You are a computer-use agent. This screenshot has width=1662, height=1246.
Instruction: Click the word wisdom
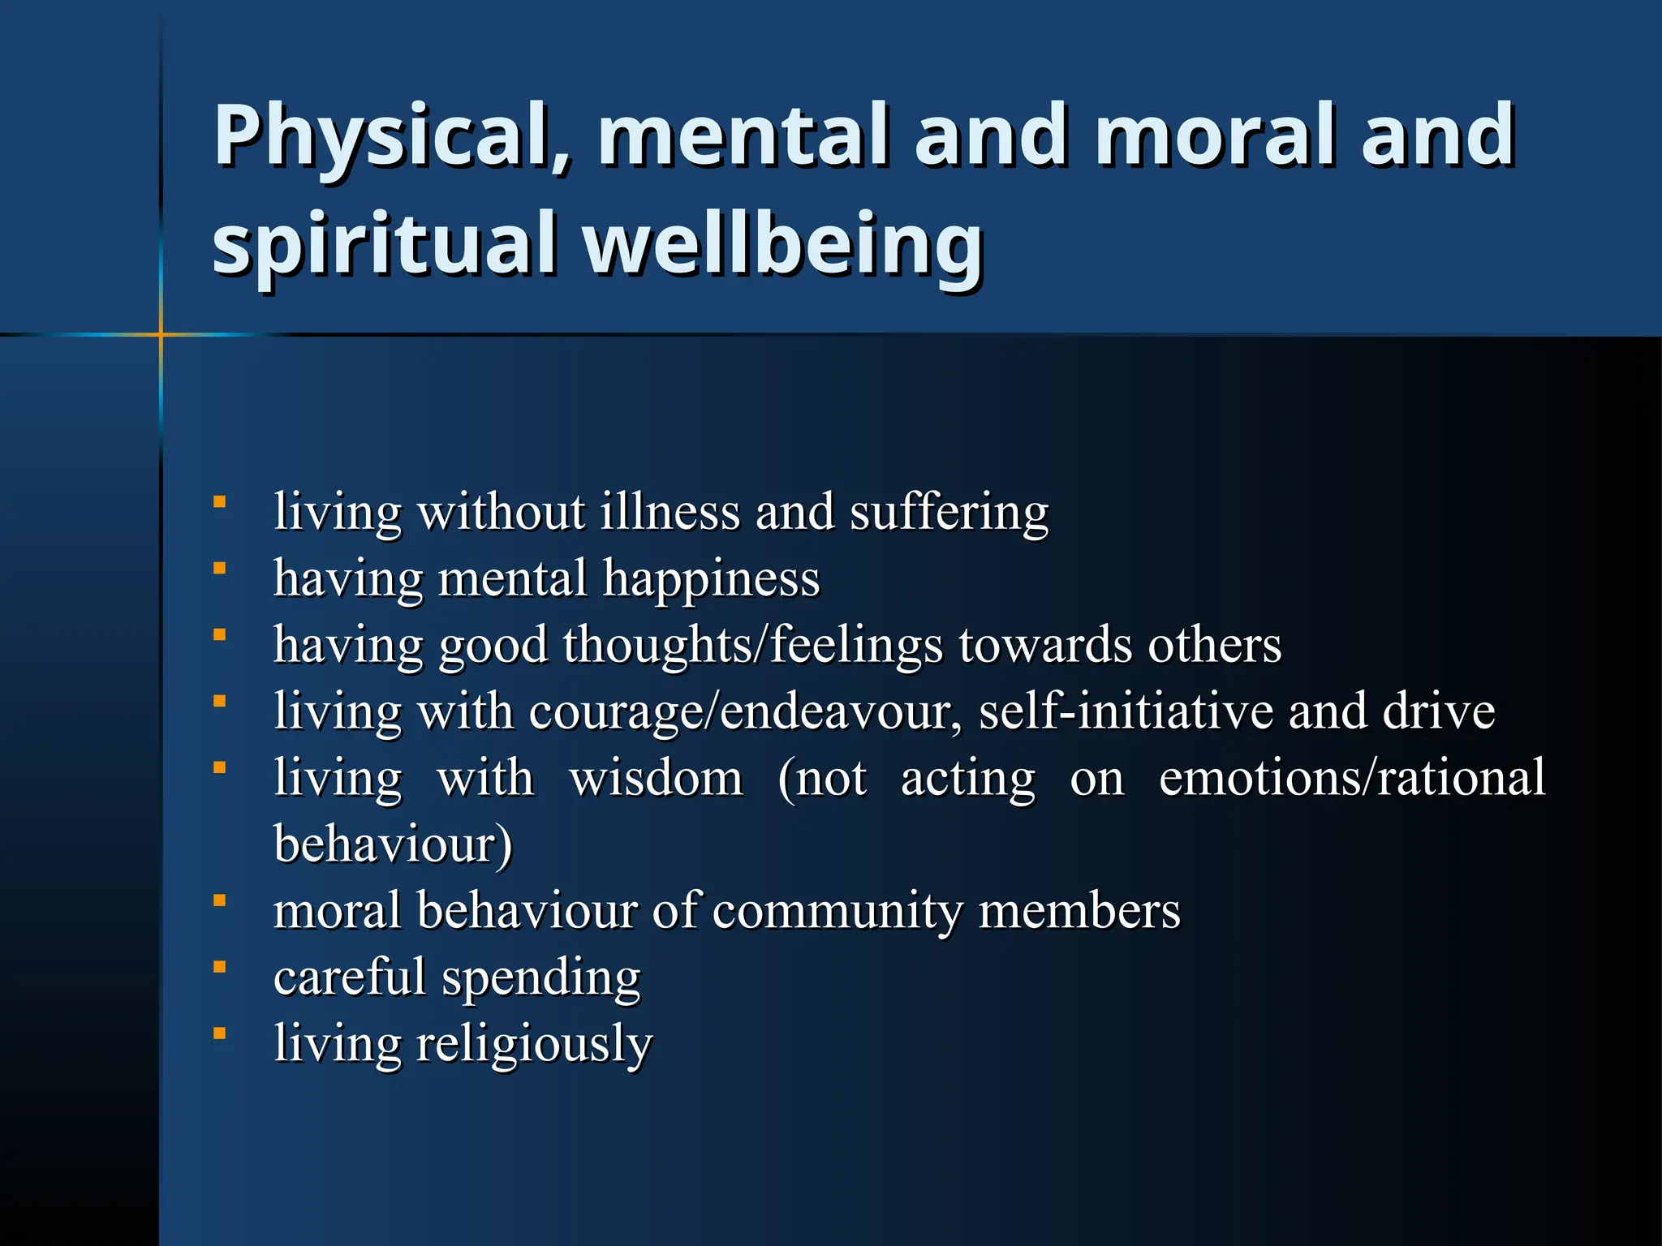tap(656, 779)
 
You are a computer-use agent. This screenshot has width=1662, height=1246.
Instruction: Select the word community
tap(837, 912)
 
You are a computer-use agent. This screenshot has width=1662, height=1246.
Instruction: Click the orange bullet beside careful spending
tap(219, 967)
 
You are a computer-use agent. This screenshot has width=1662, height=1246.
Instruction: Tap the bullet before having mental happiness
tap(219, 569)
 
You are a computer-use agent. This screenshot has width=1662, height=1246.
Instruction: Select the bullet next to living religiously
tap(219, 1033)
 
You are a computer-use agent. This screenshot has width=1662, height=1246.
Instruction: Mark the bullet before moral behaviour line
tap(219, 900)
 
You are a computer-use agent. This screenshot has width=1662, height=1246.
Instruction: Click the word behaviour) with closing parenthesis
tap(393, 845)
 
